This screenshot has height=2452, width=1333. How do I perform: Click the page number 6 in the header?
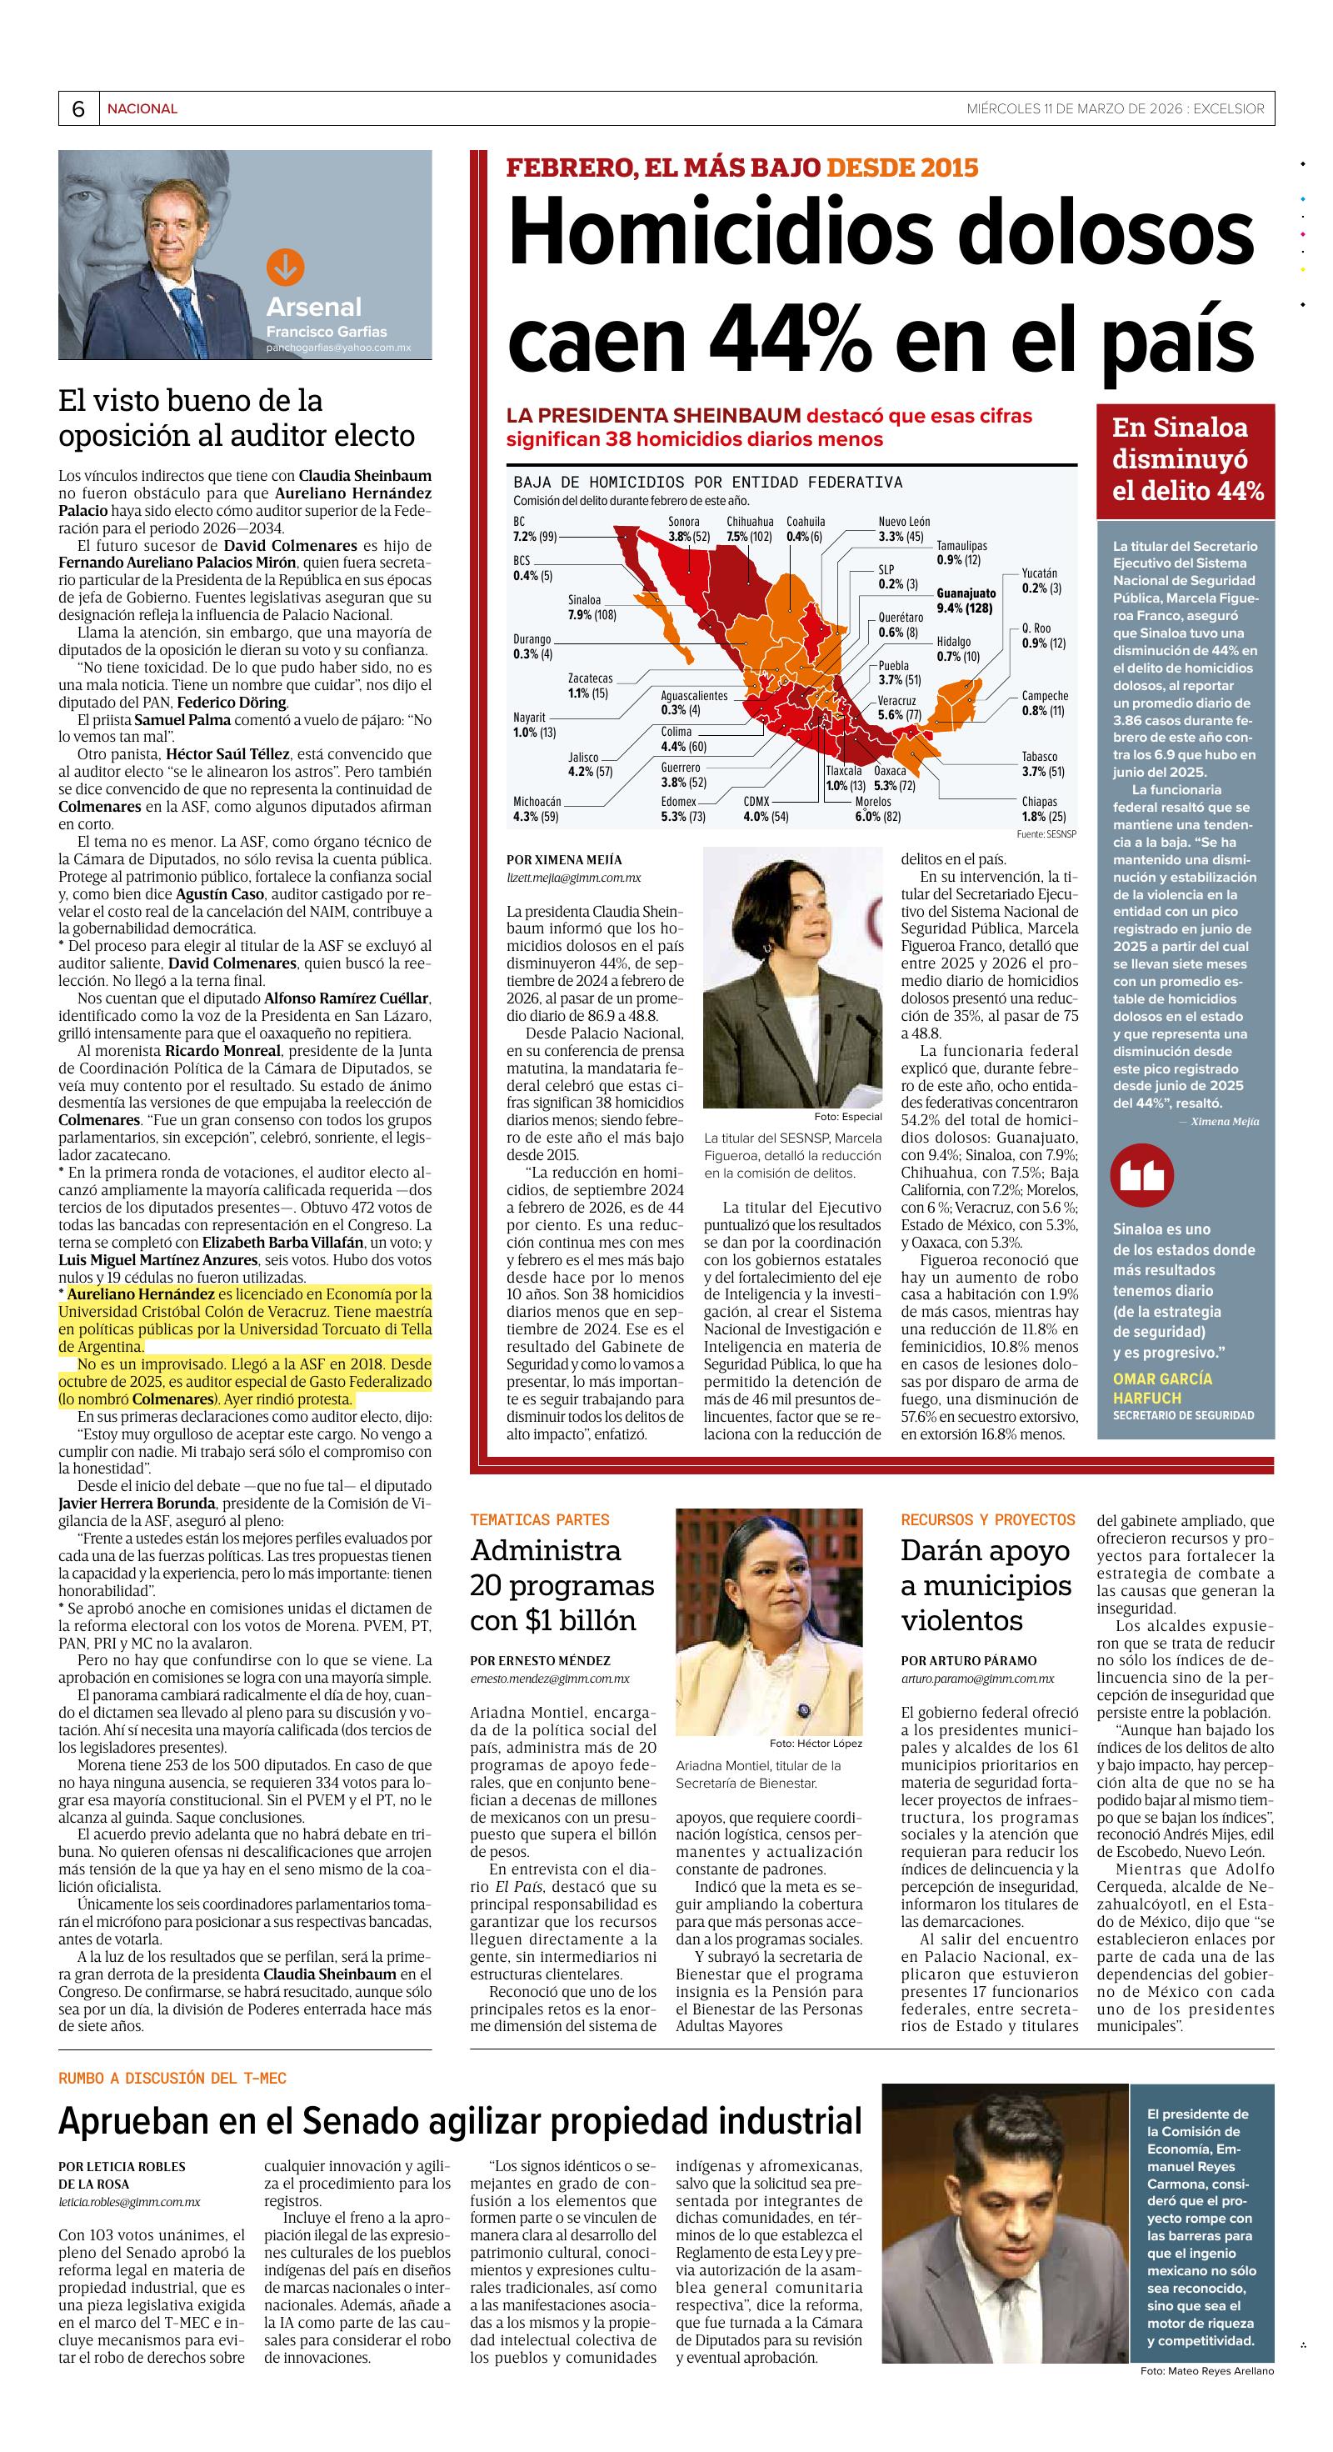pos(78,109)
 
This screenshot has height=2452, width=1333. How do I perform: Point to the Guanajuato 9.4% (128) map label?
pos(966,601)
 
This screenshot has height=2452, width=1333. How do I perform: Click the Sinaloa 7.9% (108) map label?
pos(592,608)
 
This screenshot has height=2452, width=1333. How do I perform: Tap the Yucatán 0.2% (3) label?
pos(1041,581)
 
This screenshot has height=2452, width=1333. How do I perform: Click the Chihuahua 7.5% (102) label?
pos(750,529)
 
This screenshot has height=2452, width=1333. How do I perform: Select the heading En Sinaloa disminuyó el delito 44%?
pos(1186,460)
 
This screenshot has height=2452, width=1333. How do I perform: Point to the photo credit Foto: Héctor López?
pos(816,1743)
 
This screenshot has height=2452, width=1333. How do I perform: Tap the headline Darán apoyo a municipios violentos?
pos(986,1585)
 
